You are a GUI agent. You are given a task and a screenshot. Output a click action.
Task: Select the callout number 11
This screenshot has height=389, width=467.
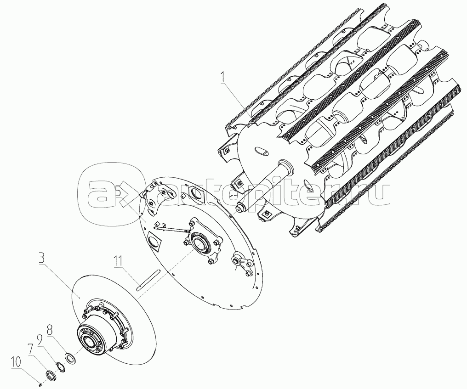pyautogui.click(x=118, y=262)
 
